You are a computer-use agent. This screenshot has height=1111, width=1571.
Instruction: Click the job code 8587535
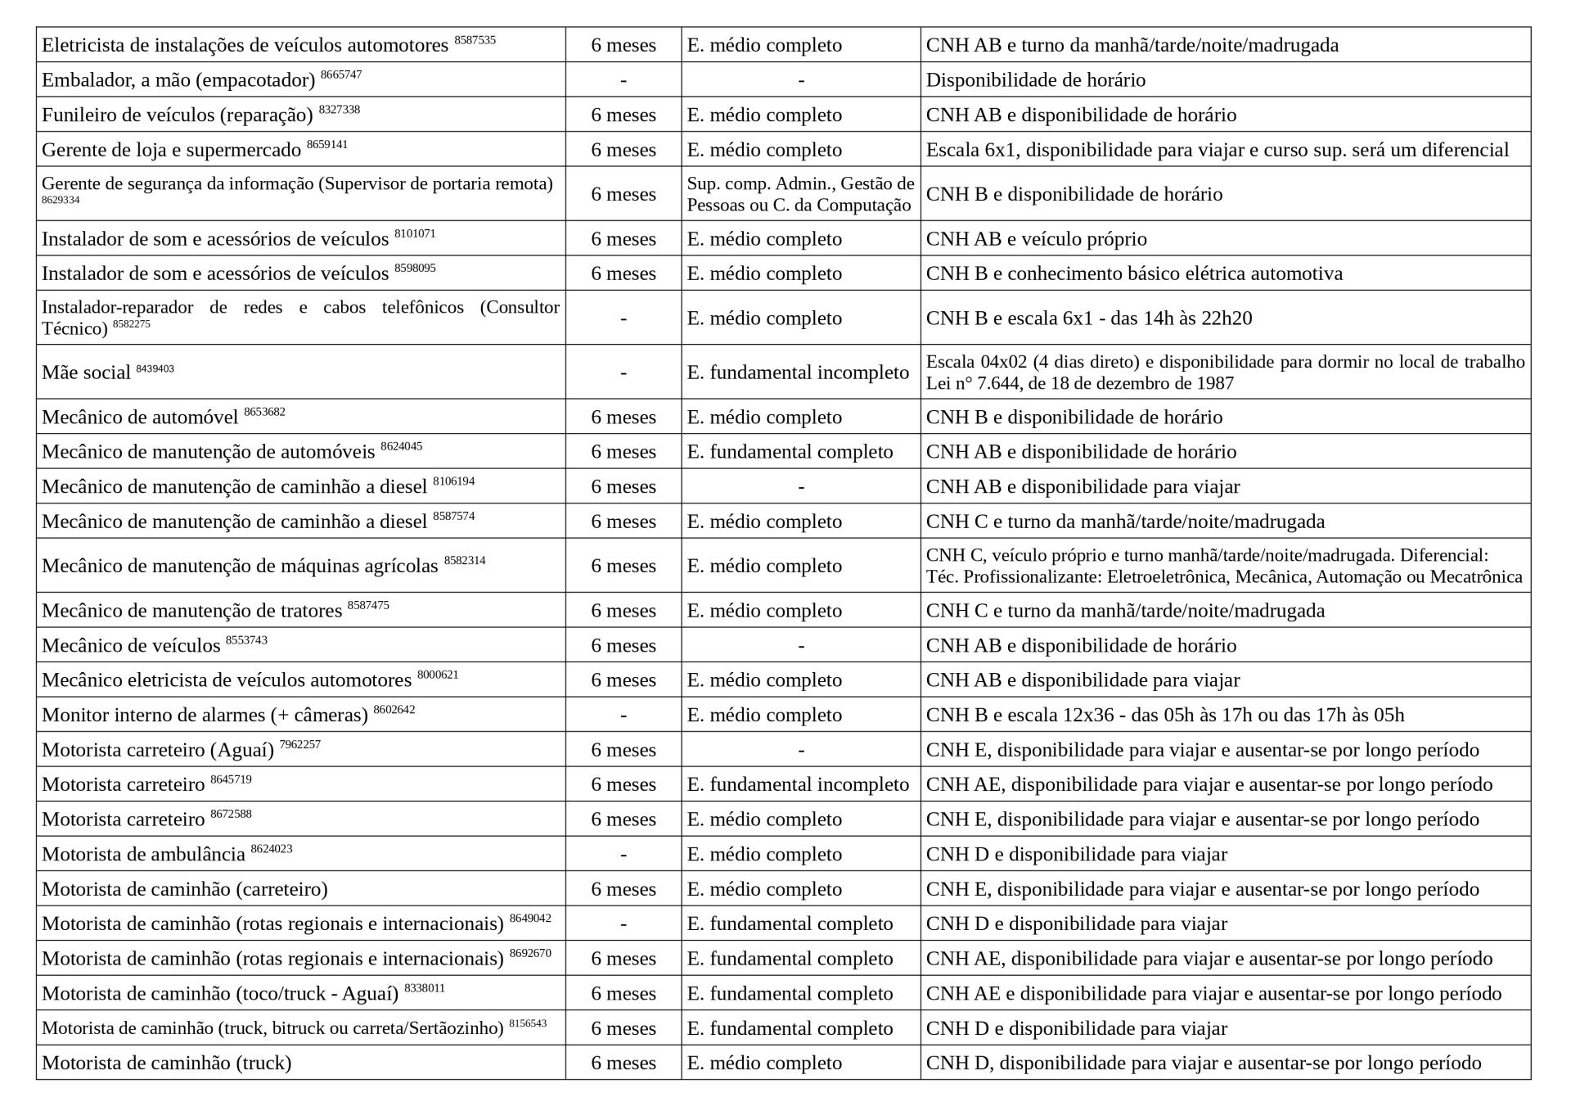click(x=475, y=40)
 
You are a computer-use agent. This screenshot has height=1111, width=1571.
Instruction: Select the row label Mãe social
click(x=86, y=373)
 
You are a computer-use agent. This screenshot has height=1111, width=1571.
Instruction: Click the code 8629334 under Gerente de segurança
click(x=61, y=200)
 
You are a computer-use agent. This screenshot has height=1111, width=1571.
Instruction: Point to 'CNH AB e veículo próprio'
click(x=1036, y=239)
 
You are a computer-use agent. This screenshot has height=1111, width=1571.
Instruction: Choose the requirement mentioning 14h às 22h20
click(x=1088, y=318)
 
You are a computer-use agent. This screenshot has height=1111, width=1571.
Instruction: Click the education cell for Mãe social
click(x=798, y=373)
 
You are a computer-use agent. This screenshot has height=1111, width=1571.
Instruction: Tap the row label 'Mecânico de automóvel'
click(x=140, y=418)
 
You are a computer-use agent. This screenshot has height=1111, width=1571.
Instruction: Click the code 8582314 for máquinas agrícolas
click(x=465, y=561)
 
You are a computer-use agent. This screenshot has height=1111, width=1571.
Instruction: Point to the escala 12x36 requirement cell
click(x=1164, y=716)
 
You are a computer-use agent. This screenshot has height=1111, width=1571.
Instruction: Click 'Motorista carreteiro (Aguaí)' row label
click(x=158, y=751)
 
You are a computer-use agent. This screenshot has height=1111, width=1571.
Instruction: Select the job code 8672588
click(x=231, y=815)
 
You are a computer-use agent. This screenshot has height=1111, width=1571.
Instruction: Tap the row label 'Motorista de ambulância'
click(x=143, y=855)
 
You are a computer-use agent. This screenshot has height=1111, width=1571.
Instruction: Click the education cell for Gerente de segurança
click(x=799, y=194)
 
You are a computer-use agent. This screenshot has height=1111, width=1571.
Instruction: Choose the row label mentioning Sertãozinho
click(x=272, y=1029)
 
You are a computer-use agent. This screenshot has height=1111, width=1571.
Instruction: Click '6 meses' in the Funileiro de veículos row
click(x=623, y=115)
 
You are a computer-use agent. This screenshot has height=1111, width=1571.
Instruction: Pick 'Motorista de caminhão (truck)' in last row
click(x=166, y=1064)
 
